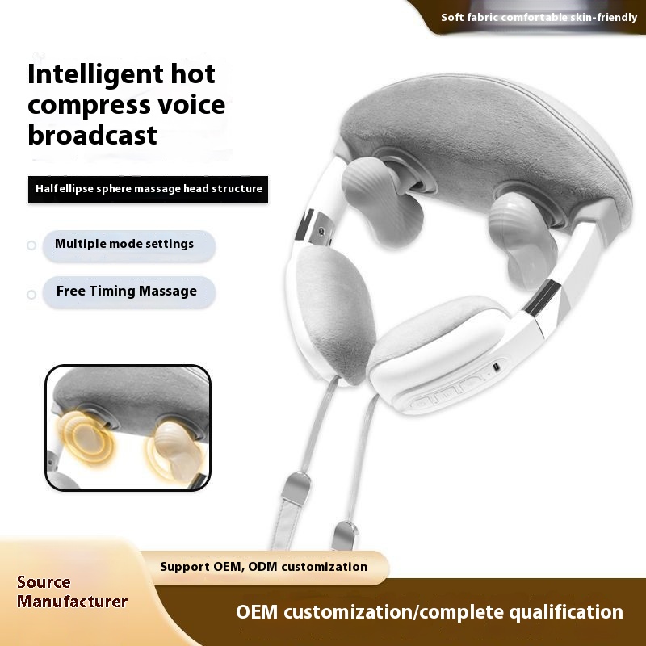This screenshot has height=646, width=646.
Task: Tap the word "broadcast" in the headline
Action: (x=92, y=134)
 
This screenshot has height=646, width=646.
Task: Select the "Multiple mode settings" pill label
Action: (x=124, y=244)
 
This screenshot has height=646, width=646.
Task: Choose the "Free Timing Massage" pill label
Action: (x=126, y=291)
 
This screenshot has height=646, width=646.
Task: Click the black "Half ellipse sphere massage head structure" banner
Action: (x=149, y=189)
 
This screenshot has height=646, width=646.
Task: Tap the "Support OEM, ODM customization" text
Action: (x=263, y=567)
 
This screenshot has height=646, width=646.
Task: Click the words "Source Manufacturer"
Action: (x=72, y=592)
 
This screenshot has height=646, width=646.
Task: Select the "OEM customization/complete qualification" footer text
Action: (x=429, y=612)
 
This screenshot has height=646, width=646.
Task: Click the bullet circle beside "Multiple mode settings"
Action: (x=31, y=245)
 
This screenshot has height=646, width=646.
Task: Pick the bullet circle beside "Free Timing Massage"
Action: (x=31, y=294)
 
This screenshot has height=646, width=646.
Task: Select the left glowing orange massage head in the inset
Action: (x=85, y=441)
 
